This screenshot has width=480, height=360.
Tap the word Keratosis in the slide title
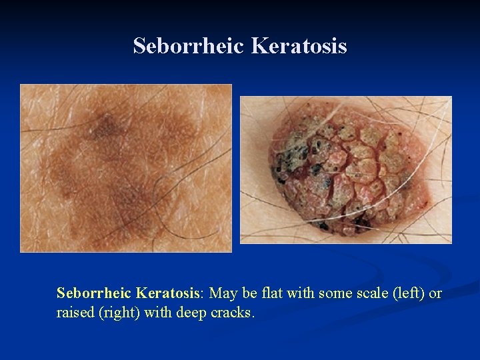pos(299,46)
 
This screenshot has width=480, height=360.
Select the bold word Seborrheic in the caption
pos(94,293)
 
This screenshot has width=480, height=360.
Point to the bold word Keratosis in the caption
pos(168,293)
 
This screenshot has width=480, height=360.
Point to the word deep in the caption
pos(190,313)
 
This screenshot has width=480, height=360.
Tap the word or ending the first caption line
pos(435,293)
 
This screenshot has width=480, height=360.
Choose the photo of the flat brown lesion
pos(126,168)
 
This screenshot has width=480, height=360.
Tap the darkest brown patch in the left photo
pos(105,126)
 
